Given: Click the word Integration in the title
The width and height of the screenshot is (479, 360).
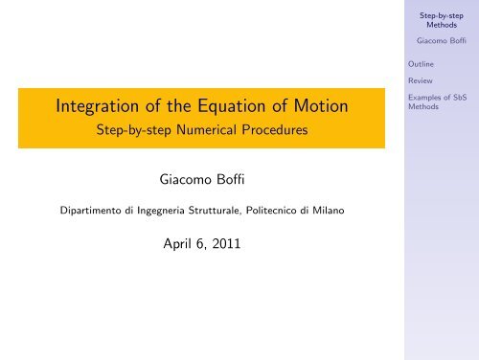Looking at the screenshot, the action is point(98,106).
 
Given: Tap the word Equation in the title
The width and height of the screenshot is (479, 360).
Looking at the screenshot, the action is point(232,106).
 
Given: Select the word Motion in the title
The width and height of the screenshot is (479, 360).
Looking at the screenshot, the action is point(321,105).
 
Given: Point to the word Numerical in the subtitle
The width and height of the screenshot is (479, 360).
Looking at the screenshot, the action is point(207,130).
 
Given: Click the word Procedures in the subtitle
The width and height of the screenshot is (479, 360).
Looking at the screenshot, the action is point(275,130).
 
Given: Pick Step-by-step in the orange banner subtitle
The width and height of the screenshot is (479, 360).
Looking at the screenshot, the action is point(134,130).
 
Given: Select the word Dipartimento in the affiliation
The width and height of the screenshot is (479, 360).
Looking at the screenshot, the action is point(90,211).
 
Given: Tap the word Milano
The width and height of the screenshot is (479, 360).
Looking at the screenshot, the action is point(329,211).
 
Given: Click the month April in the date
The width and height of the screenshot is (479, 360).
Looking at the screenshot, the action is point(177,244).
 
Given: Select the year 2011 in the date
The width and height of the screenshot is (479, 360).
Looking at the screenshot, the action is point(226,244).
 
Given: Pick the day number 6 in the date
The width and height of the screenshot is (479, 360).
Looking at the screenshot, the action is point(200,244).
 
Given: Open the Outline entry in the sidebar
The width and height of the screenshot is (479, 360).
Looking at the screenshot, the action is point(421,64).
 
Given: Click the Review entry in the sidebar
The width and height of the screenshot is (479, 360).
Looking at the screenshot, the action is point(421,80).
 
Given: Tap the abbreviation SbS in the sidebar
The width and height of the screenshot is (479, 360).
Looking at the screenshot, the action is point(460,98).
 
